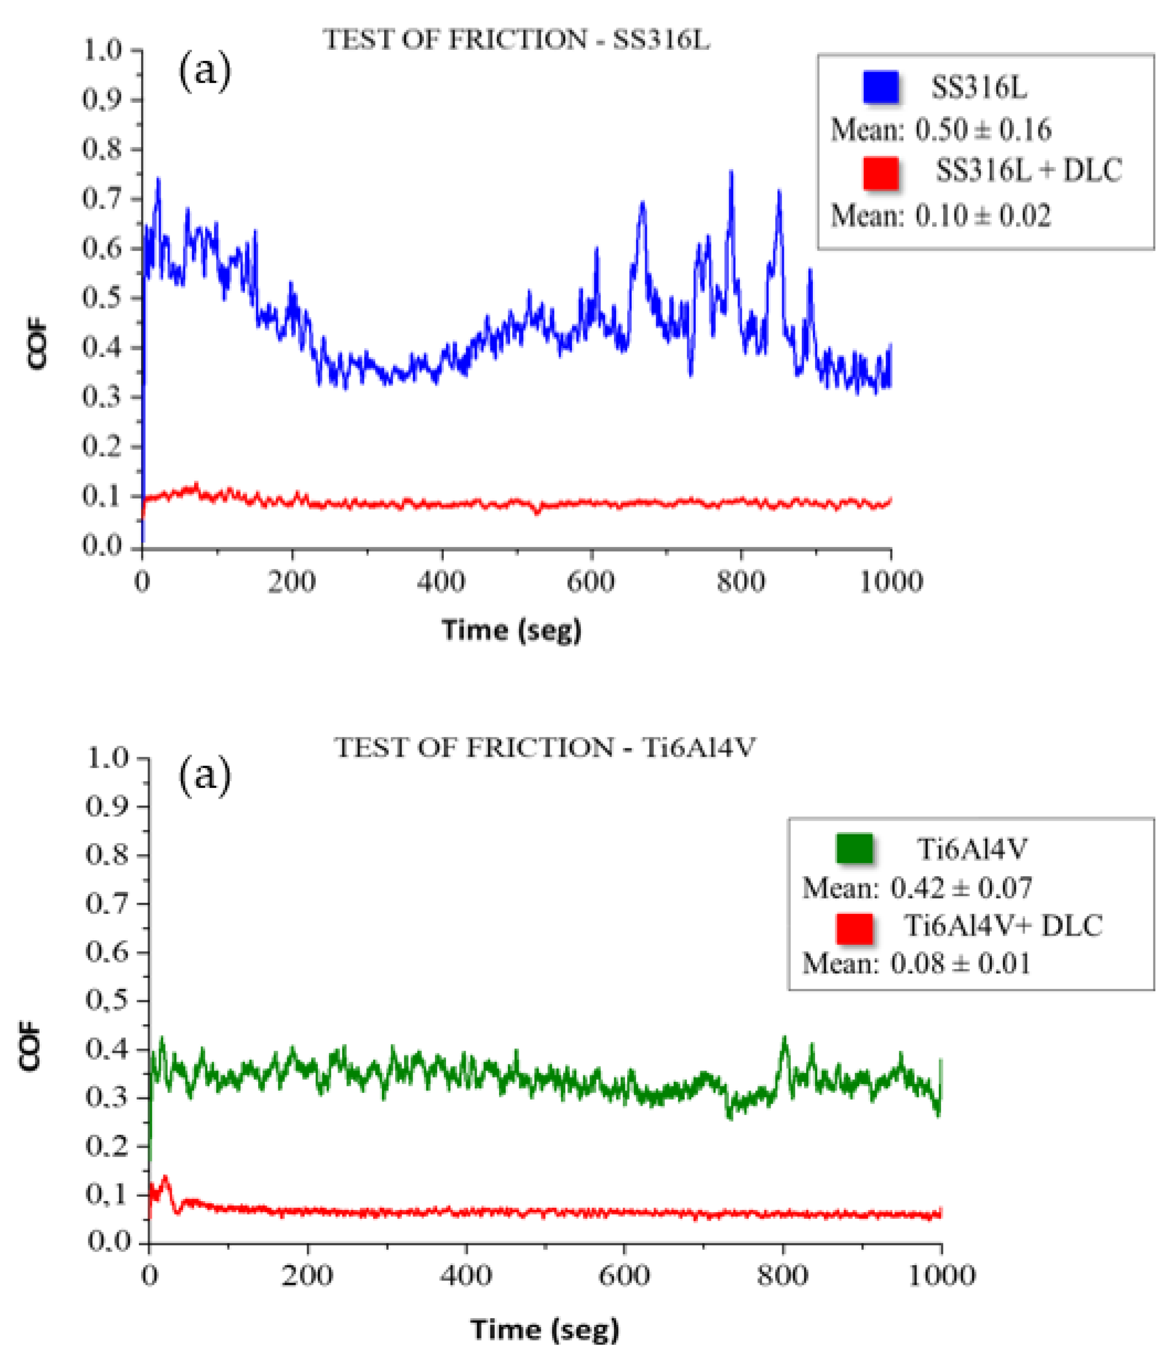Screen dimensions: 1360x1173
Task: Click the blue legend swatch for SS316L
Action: click(880, 87)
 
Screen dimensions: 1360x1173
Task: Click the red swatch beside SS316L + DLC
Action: click(880, 173)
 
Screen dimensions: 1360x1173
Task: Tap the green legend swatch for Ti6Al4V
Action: click(854, 848)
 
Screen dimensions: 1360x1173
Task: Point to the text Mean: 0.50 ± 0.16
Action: click(941, 130)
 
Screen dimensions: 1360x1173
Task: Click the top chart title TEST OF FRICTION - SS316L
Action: click(516, 40)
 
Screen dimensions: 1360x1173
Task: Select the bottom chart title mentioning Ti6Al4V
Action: click(545, 747)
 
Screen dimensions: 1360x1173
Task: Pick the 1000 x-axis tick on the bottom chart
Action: click(941, 1276)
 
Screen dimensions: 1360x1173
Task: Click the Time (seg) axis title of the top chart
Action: click(511, 630)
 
